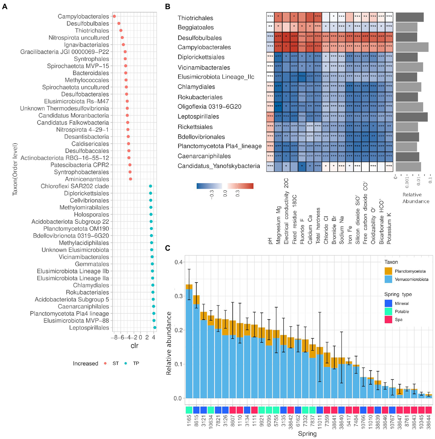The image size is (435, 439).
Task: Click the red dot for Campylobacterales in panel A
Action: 114,16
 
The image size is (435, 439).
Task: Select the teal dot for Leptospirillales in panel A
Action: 155,328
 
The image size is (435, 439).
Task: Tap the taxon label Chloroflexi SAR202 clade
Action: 75,186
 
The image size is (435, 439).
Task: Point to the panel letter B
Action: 167,7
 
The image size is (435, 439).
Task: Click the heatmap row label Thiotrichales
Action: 195,18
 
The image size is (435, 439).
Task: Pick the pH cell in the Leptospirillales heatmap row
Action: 270,116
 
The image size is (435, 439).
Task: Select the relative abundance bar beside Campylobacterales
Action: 412,47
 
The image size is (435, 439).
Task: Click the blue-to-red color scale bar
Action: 225,186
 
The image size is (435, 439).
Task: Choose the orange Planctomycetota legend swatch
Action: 388,271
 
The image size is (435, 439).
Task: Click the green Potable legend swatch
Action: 388,311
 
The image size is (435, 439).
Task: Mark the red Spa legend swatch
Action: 388,319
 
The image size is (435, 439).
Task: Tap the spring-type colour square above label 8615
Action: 196,410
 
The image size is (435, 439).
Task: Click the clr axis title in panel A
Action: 134,345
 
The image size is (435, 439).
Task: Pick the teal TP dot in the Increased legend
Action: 126,363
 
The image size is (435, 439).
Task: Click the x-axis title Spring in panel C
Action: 307,434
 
